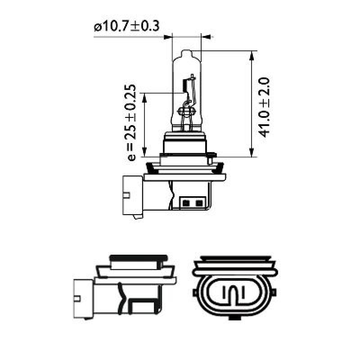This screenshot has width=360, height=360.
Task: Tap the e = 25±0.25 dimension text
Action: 130,122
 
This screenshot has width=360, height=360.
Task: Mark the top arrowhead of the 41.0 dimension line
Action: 251,55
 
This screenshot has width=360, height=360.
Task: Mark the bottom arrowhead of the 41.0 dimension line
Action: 251,153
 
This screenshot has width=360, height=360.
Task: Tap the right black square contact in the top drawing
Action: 198,202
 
